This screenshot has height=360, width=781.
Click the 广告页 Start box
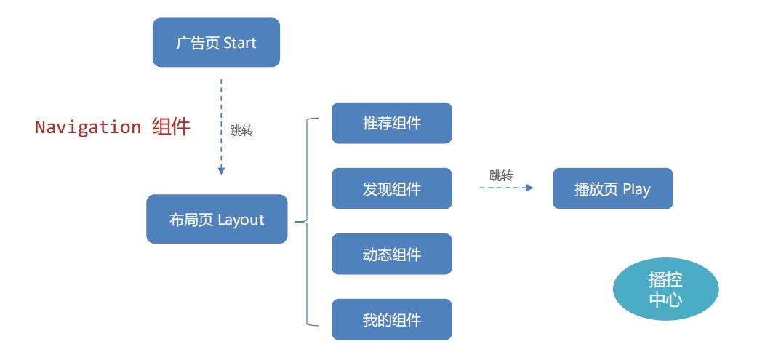tap(216, 43)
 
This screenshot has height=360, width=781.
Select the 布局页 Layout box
tap(217, 219)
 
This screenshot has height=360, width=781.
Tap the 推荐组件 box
tap(391, 123)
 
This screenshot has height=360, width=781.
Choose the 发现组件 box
tap(391, 189)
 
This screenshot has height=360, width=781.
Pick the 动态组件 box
tap(391, 255)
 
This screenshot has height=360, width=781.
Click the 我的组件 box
tap(391, 320)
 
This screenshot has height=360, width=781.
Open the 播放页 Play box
tap(612, 189)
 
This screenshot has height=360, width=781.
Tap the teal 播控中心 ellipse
tap(665, 289)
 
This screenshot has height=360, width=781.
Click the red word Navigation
tap(87, 127)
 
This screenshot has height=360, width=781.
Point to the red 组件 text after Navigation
tap(171, 127)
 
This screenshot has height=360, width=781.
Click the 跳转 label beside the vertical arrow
tap(241, 131)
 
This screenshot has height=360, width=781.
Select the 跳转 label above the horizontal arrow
tap(501, 175)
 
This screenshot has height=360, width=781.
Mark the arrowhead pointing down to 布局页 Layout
tap(221, 171)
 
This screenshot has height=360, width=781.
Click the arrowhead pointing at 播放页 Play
tap(529, 188)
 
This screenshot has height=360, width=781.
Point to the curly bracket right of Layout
tap(306, 221)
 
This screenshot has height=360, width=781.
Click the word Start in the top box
tap(239, 43)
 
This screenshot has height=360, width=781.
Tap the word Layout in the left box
tap(241, 220)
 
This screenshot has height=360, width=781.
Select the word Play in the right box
tap(636, 190)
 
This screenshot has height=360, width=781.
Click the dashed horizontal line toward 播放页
tap(502, 188)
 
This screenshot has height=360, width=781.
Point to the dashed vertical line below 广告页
tap(221, 116)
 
